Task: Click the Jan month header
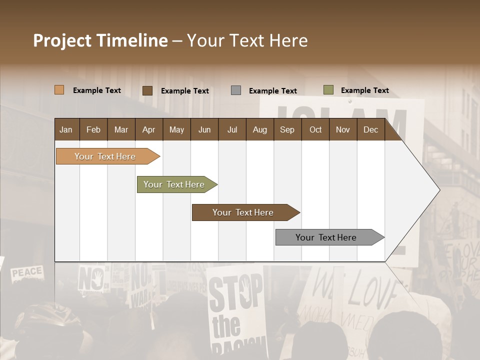(66, 129)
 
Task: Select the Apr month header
(148, 129)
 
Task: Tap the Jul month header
(232, 129)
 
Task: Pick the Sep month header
(287, 129)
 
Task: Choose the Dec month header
(370, 129)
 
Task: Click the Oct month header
(315, 129)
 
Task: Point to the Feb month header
(93, 129)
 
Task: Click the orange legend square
(59, 90)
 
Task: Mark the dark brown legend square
(147, 90)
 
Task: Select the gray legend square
(235, 90)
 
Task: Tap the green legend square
(328, 90)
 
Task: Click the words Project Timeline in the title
(100, 40)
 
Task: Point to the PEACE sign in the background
(27, 273)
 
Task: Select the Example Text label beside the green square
(364, 90)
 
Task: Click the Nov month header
(343, 129)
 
